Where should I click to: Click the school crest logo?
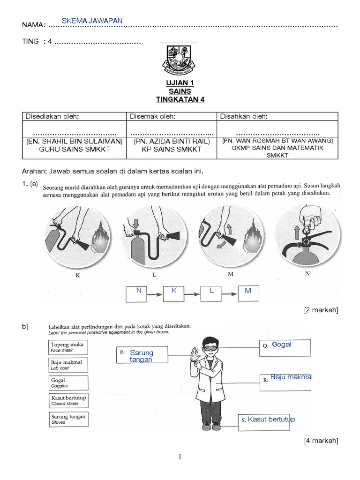[x=180, y=60]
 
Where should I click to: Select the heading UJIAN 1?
[x=180, y=83]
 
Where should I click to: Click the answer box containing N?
[x=139, y=293]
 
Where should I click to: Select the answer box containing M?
[x=248, y=293]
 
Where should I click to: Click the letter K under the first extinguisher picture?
[x=78, y=276]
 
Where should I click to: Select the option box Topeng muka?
[x=68, y=347]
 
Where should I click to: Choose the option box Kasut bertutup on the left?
[x=68, y=400]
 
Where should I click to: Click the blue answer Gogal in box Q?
[x=282, y=345]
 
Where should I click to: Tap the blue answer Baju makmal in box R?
[x=291, y=377]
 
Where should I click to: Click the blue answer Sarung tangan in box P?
[x=142, y=356]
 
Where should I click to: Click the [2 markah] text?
[x=321, y=310]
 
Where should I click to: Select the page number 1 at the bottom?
[x=180, y=457]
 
